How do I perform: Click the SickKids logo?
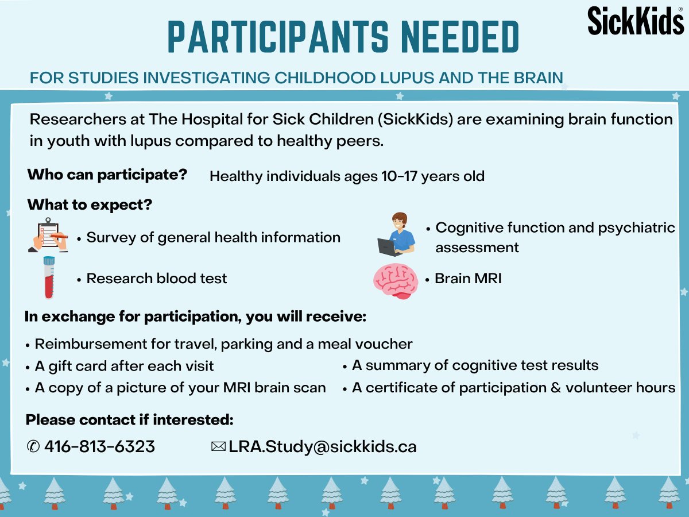(635, 20)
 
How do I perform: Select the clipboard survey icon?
(48, 235)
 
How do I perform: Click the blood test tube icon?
(49, 277)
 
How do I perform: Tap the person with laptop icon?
(397, 234)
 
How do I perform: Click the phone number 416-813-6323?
(99, 446)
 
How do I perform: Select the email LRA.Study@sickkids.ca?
(322, 446)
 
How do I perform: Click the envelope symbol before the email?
(218, 446)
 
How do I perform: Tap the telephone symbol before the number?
(33, 446)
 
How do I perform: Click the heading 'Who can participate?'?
(107, 175)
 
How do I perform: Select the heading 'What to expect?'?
(90, 205)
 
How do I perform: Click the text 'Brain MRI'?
(468, 279)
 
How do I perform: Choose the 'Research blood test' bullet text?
(156, 279)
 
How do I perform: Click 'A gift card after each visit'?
(124, 366)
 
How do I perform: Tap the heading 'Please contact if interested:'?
(130, 420)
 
